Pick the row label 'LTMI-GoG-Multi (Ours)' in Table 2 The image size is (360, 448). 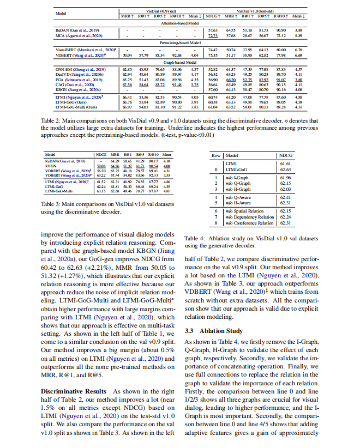coord(74,108)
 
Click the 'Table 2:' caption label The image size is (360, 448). coord(53,119)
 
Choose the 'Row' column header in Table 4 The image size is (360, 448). coord(217,156)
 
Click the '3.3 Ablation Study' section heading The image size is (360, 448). coord(214,330)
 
